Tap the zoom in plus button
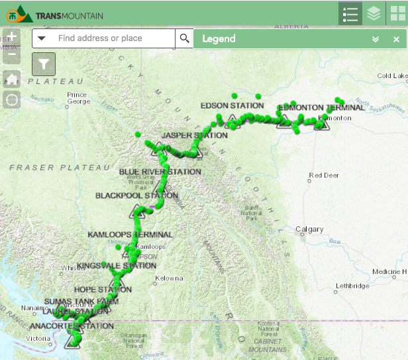point(12,37)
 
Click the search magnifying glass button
point(185,38)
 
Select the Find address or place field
point(106,38)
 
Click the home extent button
point(12,79)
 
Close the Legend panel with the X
point(396,39)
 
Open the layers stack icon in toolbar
point(374,13)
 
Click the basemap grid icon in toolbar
point(395,13)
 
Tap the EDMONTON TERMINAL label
point(321,107)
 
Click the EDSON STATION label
point(232,105)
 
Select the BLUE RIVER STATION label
point(160,171)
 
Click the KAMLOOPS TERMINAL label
point(130,234)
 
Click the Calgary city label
point(309,230)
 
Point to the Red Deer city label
point(324,175)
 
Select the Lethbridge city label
point(352,286)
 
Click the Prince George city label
point(77,98)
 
